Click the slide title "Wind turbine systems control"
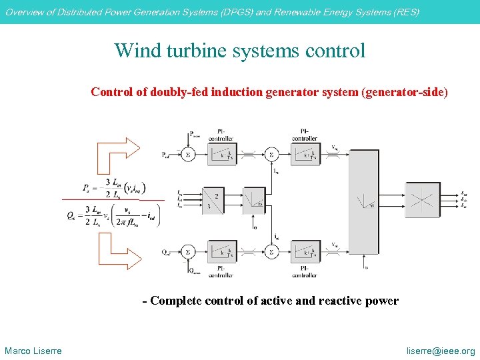[x=240, y=50]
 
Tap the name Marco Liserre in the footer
[x=33, y=351]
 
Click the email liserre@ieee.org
[x=441, y=351]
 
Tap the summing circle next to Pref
[x=188, y=155]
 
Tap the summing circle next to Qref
[x=188, y=252]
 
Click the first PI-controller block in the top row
[x=221, y=155]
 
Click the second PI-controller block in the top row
[x=305, y=155]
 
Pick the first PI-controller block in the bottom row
[x=221, y=252]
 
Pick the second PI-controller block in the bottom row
[x=305, y=252]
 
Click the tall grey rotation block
[x=363, y=200]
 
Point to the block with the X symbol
[x=421, y=199]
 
